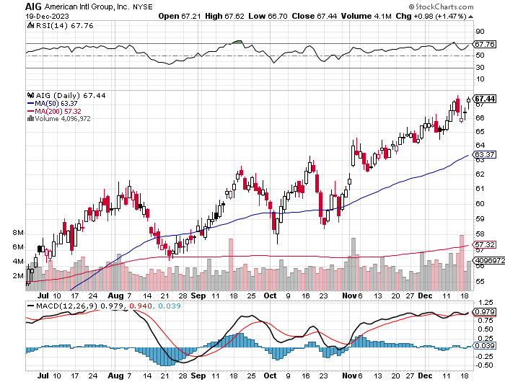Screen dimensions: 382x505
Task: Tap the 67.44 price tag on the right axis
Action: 485,99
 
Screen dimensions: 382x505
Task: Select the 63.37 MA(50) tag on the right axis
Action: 485,155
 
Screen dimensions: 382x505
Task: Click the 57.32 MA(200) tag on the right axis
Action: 485,245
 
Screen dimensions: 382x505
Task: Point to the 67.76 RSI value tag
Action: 485,44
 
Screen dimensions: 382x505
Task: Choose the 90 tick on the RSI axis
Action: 479,32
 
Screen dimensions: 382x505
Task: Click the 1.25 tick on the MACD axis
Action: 483,302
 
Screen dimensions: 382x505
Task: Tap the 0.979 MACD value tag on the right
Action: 485,311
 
